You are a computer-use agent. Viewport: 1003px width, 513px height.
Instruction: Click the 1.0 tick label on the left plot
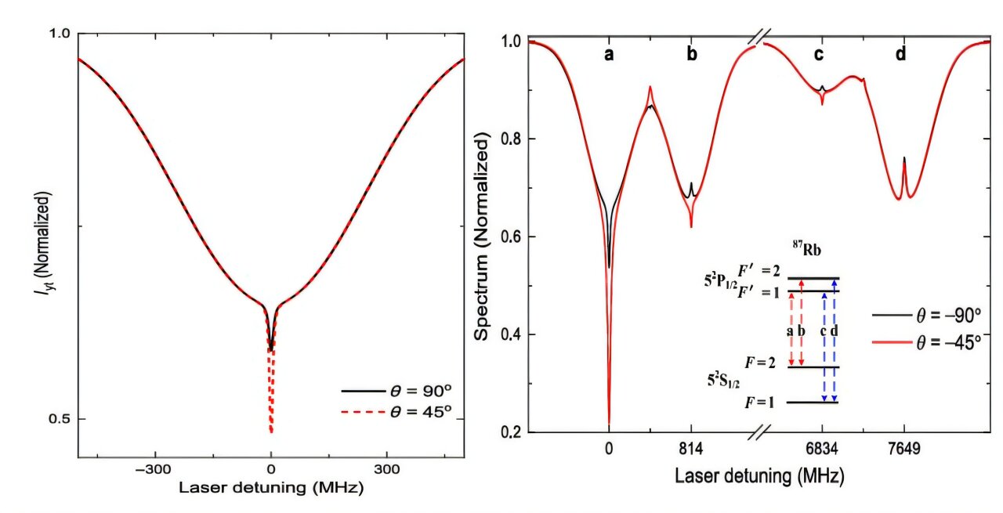point(60,34)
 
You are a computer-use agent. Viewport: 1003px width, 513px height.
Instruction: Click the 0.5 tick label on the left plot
point(60,419)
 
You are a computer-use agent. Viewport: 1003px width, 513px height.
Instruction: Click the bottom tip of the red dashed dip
point(271,431)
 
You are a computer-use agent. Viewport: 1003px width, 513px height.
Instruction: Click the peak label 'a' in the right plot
point(609,54)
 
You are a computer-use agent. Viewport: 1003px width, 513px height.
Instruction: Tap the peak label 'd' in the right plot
point(901,54)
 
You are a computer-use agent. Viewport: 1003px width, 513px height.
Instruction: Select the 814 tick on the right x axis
point(691,450)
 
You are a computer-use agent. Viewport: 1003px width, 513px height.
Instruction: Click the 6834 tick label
point(822,450)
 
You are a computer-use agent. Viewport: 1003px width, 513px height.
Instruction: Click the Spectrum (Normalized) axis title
point(481,235)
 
